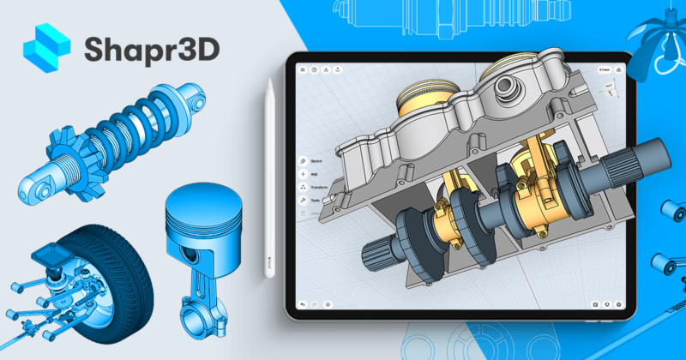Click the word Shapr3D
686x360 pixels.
(150, 50)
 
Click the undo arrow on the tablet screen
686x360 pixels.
(302, 304)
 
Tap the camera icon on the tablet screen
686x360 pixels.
(596, 304)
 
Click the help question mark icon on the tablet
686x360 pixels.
(315, 69)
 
